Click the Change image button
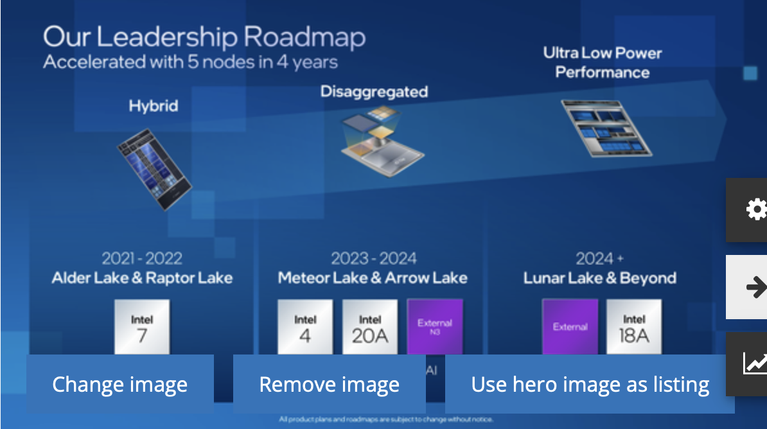119,384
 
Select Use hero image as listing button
590,384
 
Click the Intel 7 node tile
142,327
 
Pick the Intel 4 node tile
305,327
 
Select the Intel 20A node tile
370,327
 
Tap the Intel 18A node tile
633,327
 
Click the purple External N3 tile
435,327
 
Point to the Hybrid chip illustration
154,169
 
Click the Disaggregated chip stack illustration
379,138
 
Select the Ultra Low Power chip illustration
605,128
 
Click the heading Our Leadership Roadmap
204,37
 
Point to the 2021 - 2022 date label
142,259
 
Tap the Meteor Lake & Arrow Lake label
373,278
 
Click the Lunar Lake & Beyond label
599,278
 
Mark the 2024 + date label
599,259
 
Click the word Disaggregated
374,92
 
